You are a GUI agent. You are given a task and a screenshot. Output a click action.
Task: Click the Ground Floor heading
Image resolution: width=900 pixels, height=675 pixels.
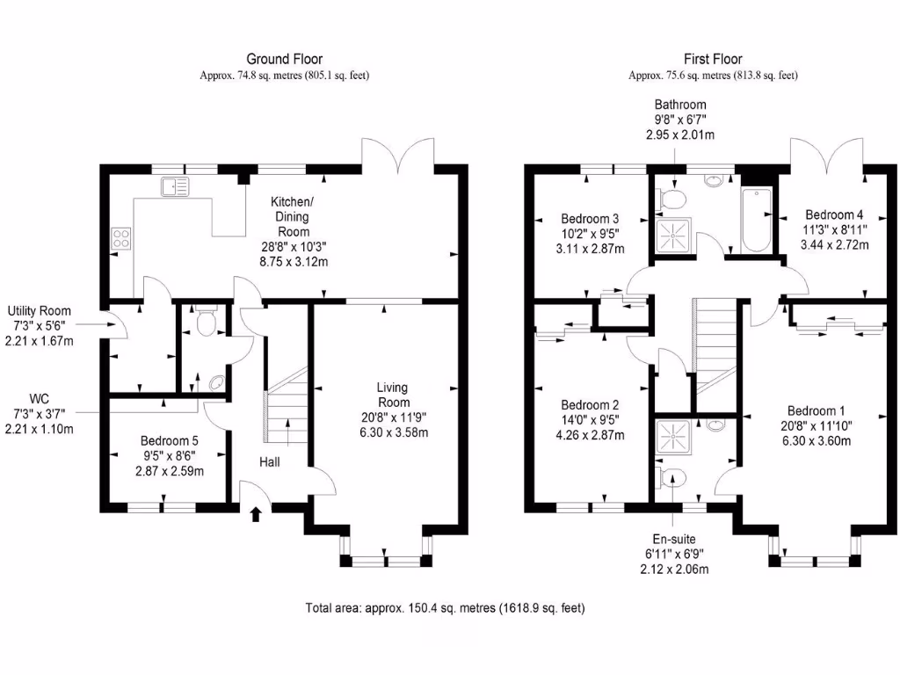click(x=284, y=60)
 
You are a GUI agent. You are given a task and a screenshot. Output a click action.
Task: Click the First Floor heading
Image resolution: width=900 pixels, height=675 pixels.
click(x=713, y=60)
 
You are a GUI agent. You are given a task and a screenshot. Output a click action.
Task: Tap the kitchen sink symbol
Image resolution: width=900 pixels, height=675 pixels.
click(x=175, y=186)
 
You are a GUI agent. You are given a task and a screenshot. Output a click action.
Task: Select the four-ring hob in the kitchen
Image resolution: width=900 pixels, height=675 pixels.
click(x=121, y=237)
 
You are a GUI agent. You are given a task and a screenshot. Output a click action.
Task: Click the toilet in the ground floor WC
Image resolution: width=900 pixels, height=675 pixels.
click(x=207, y=323)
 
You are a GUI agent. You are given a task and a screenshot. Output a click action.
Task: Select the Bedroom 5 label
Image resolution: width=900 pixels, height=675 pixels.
click(x=171, y=441)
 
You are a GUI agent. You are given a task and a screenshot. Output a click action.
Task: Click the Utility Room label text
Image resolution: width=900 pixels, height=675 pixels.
click(x=40, y=311)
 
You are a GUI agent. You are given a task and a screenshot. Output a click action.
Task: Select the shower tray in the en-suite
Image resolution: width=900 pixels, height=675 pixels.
click(x=675, y=436)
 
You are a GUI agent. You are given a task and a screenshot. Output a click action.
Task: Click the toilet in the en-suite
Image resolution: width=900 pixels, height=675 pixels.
click(x=672, y=477)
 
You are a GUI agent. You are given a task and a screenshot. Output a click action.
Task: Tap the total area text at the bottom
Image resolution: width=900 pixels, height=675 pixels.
click(x=445, y=607)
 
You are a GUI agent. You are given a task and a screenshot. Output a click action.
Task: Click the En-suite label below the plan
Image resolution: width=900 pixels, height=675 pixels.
click(x=673, y=540)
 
